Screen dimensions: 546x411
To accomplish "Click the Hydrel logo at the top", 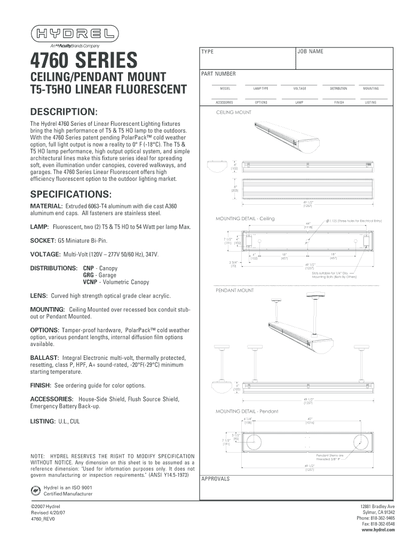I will (x=74, y=35).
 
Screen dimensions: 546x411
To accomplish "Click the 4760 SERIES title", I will (x=84, y=59).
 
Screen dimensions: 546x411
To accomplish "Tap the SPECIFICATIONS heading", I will (x=71, y=192).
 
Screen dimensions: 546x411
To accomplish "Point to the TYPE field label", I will (x=207, y=52).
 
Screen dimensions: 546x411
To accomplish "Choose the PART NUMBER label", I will (x=218, y=74).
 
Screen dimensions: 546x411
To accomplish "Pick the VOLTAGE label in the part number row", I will (x=299, y=89).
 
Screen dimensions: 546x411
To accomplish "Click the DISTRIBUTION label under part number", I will (x=338, y=89).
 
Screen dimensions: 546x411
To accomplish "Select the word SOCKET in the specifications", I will (x=42, y=240).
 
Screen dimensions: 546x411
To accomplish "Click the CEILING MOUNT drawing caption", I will (x=233, y=113).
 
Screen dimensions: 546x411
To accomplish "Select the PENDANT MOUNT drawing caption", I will (x=234, y=291).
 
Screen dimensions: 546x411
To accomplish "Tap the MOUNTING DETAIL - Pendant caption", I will (x=247, y=411).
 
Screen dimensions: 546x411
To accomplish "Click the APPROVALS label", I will (x=215, y=478).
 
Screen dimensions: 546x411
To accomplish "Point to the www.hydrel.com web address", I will (x=378, y=531).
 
